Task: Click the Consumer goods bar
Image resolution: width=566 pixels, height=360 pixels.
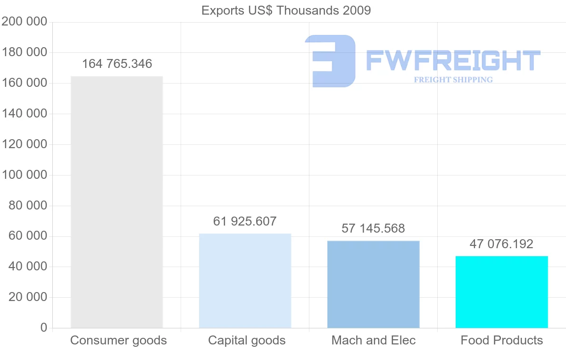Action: tap(117, 202)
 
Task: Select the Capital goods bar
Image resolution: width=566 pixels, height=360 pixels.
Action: tap(245, 281)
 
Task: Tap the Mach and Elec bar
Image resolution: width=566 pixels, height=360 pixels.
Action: tap(373, 284)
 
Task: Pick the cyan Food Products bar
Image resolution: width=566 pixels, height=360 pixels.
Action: tap(501, 292)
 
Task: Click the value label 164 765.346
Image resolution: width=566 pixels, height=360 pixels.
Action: tap(117, 64)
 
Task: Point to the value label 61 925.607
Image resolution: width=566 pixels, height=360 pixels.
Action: tap(245, 221)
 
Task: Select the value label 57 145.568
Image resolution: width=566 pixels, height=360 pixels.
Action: tap(373, 229)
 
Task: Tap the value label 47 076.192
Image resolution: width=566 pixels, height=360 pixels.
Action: tap(501, 244)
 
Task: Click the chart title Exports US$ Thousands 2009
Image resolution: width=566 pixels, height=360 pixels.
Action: tap(286, 10)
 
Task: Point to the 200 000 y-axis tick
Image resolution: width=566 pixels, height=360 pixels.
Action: tap(25, 22)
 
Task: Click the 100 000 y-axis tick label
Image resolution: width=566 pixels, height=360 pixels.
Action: tap(25, 175)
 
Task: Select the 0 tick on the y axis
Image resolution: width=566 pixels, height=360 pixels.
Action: tap(44, 328)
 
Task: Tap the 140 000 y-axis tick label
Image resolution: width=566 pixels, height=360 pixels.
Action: tap(25, 114)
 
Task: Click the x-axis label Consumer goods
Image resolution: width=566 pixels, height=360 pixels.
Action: tap(118, 340)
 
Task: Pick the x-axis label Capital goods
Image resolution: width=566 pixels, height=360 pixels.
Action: tap(247, 340)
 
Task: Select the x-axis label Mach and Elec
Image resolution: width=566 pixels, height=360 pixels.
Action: tap(374, 340)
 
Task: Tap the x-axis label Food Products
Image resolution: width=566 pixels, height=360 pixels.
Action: tap(502, 340)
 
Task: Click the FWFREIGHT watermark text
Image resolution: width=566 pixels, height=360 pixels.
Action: tap(453, 60)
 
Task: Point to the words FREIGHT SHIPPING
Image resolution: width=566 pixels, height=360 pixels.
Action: tap(453, 80)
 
